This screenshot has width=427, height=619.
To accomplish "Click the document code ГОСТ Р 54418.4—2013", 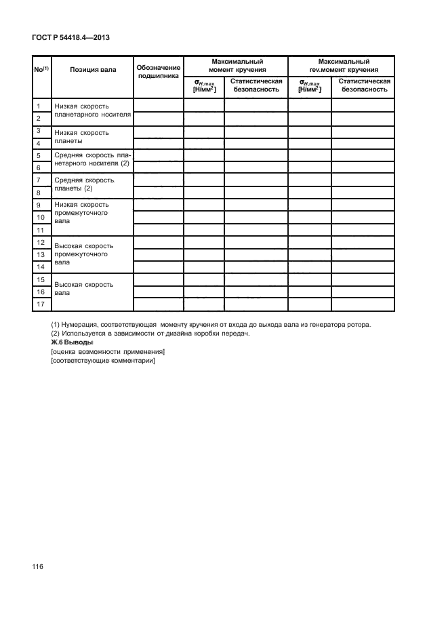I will (70, 38).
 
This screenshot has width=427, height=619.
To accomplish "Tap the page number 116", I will (37, 565).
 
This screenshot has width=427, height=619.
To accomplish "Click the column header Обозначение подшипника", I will (158, 73).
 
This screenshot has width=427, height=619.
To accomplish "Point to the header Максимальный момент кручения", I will (237, 65).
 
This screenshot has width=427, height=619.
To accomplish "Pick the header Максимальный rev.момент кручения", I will (343, 65).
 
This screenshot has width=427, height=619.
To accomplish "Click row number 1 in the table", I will (39, 106).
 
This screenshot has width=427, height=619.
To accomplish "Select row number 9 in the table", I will (39, 205).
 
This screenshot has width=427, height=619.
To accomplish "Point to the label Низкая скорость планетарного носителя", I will (91, 111).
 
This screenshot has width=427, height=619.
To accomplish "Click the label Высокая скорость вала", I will (83, 289).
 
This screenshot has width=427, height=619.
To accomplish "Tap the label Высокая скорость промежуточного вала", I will (83, 252).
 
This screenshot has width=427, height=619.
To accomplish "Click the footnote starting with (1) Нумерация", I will (210, 325).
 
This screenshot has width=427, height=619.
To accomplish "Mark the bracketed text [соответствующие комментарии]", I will (103, 360).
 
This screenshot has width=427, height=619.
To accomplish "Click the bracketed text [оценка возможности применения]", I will (108, 351).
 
